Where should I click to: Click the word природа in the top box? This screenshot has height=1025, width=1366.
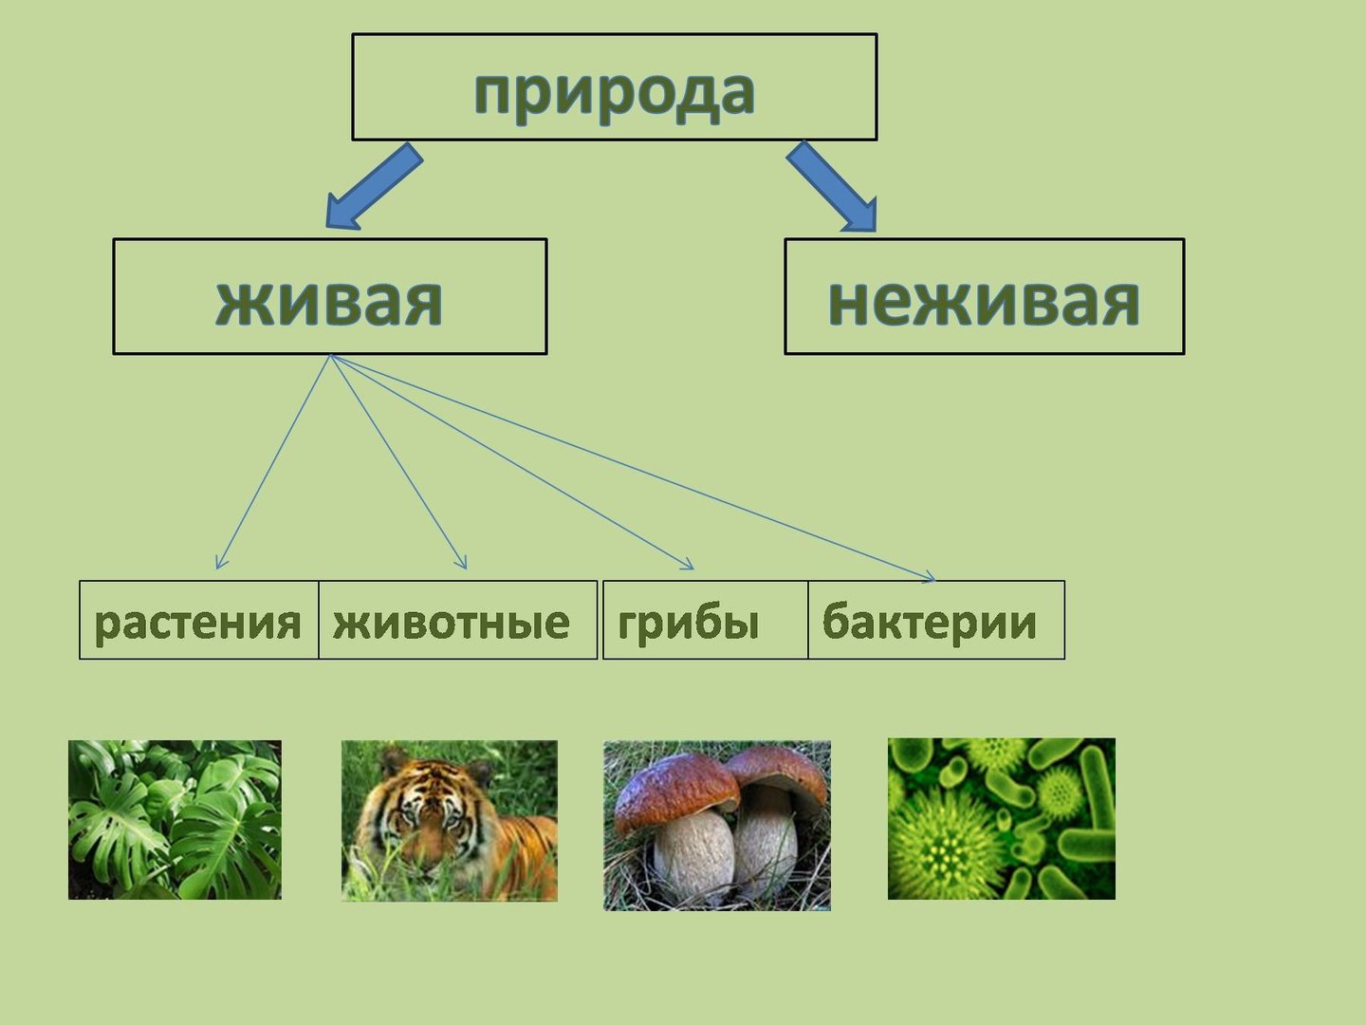click(615, 94)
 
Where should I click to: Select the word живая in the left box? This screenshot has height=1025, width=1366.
click(329, 301)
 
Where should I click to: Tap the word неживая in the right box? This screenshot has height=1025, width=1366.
click(984, 301)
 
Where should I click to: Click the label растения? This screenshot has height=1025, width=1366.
click(198, 623)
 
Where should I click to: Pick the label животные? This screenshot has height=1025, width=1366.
click(452, 623)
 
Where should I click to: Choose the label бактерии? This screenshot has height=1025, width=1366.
click(929, 621)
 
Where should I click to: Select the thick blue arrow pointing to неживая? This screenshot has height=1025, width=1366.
click(832, 187)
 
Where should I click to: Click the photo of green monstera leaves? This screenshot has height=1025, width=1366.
click(175, 820)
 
